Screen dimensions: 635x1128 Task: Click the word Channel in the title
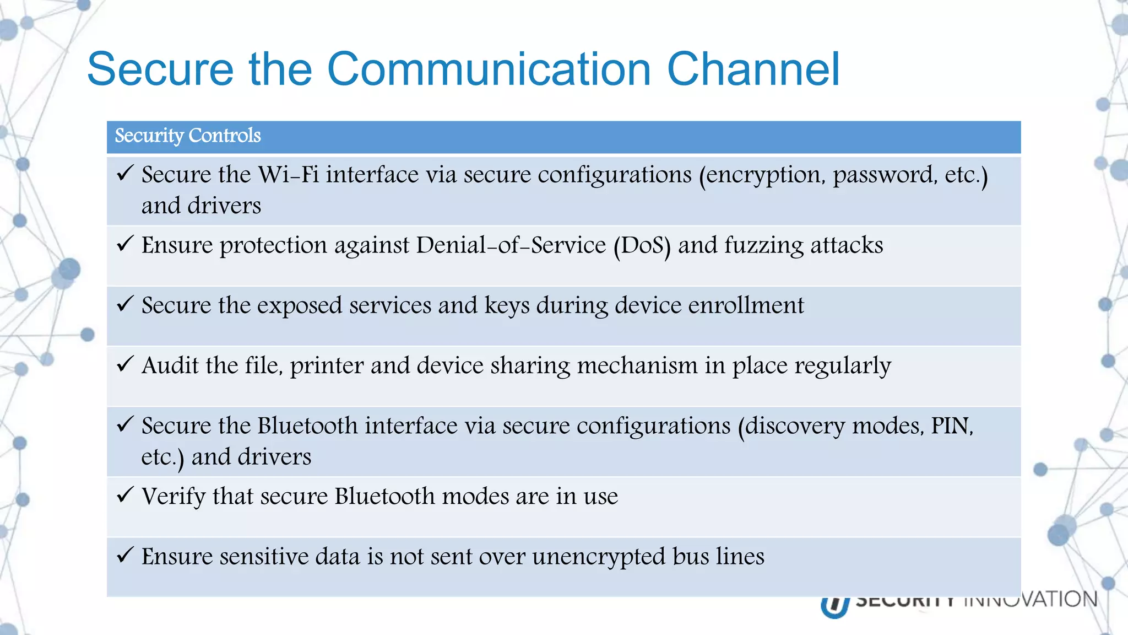pyautogui.click(x=753, y=69)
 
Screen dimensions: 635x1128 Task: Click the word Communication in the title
pyautogui.click(x=489, y=69)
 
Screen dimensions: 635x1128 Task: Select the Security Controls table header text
pyautogui.click(x=187, y=136)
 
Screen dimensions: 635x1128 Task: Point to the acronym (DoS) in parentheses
pyautogui.click(x=642, y=246)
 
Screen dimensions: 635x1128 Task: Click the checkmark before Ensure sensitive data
pyautogui.click(x=125, y=555)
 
